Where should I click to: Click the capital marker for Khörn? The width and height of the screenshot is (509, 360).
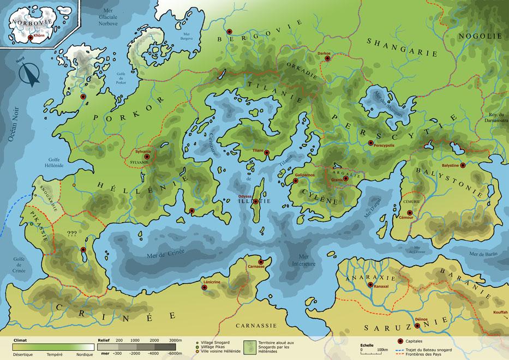click(31, 38)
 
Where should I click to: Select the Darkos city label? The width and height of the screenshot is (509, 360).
click(324, 53)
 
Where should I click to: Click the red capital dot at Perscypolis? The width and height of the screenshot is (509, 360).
click(370, 143)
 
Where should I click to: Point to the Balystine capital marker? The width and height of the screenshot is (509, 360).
click(463, 165)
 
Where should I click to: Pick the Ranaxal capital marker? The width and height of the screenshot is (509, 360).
click(370, 285)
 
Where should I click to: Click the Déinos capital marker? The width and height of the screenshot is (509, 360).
click(417, 326)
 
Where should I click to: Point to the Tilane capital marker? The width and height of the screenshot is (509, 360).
click(267, 153)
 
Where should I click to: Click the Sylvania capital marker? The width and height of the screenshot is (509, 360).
click(146, 157)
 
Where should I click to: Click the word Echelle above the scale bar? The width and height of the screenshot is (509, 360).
click(367, 345)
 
